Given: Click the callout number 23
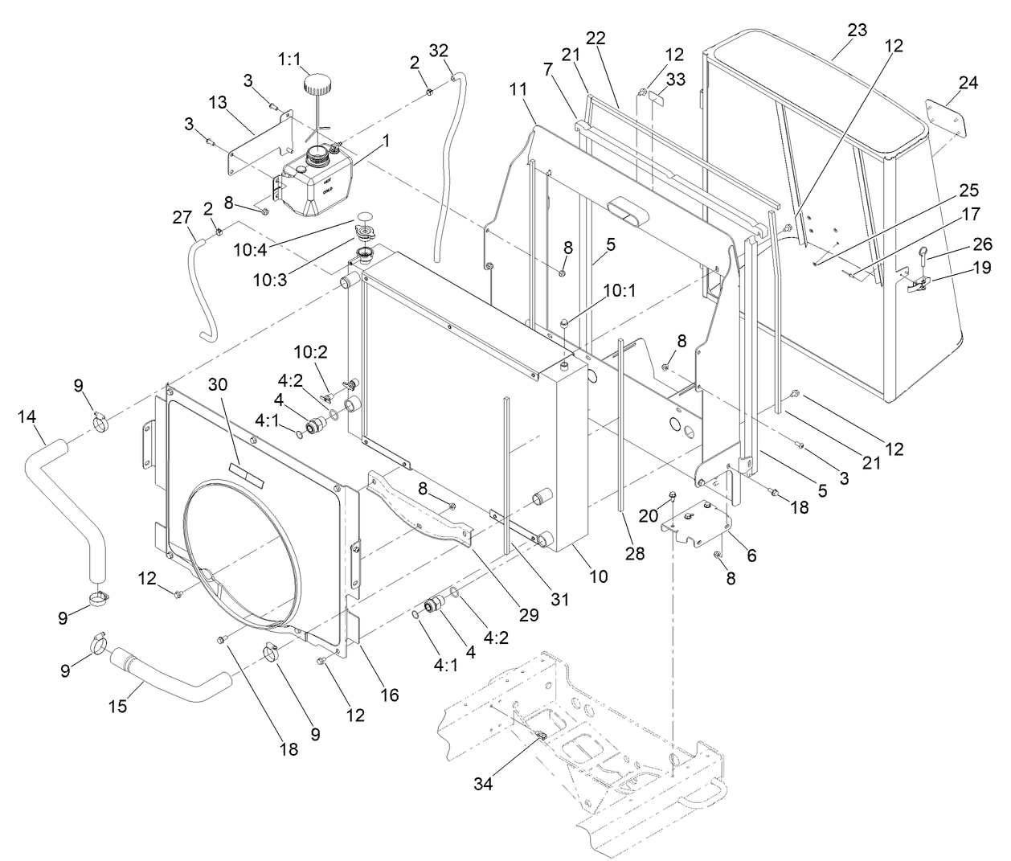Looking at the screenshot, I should coord(858,30).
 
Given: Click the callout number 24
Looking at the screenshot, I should coord(968,82).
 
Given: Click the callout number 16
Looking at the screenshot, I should coord(389,695).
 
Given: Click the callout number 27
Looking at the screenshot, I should coord(182,216).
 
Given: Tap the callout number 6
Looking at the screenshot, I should coord(751,556).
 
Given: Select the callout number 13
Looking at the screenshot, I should coord(218,102).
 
